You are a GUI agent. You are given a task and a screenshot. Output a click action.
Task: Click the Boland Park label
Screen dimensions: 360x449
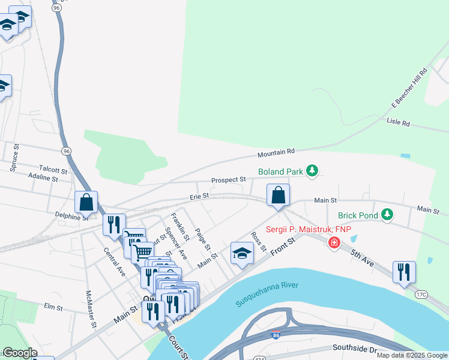point(280,172)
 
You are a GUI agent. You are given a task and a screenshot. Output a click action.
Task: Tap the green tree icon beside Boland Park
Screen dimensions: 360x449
point(312,172)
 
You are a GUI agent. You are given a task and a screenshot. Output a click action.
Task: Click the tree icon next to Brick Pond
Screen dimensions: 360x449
point(387,214)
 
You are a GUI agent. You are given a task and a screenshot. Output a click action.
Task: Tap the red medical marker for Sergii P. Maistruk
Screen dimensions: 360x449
point(333,242)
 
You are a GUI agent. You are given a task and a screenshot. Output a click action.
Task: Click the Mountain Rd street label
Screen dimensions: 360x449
point(277,154)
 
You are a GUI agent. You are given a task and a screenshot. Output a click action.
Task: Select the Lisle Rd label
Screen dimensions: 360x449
point(397,123)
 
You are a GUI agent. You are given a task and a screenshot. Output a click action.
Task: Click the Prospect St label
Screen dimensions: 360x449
point(228,180)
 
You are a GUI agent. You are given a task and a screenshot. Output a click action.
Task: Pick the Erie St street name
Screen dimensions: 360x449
point(199,196)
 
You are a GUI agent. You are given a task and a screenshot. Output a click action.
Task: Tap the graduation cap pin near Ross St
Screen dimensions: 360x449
point(242,253)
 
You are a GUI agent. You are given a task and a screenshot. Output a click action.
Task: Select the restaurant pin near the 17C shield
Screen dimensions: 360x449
point(404,271)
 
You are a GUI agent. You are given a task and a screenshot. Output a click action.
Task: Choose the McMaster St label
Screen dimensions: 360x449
point(91,308)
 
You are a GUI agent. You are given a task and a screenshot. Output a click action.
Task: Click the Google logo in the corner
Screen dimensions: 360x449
point(19,353)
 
